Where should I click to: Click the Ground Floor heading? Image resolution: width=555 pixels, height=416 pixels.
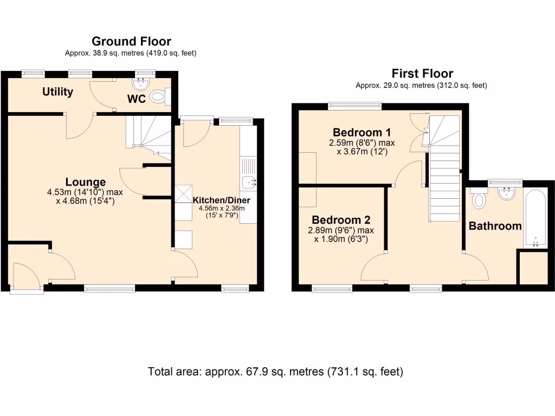click(x=131, y=41)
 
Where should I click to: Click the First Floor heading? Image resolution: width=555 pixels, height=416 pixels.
click(x=422, y=74)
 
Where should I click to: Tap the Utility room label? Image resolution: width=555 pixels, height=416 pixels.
click(x=58, y=92)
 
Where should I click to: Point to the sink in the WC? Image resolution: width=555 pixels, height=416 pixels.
click(x=141, y=83)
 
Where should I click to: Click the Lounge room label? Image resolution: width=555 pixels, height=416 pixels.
click(x=86, y=182)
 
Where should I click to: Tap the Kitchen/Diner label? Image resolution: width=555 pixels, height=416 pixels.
click(x=221, y=200)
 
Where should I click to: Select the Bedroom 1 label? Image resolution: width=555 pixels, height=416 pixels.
click(x=362, y=133)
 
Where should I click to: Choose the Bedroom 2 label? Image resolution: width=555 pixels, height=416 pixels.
click(x=341, y=220)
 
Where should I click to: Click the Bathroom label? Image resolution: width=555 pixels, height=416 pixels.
click(x=495, y=226)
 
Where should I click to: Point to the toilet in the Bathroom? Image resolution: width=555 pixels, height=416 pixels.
click(x=479, y=200)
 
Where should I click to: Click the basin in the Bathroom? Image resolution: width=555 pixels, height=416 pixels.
click(x=506, y=193)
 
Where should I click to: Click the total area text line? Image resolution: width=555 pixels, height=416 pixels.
click(x=276, y=372)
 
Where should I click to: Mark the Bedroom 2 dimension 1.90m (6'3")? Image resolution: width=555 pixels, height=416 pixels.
click(x=341, y=238)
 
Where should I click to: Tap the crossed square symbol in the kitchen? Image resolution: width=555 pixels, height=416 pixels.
click(x=183, y=192)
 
